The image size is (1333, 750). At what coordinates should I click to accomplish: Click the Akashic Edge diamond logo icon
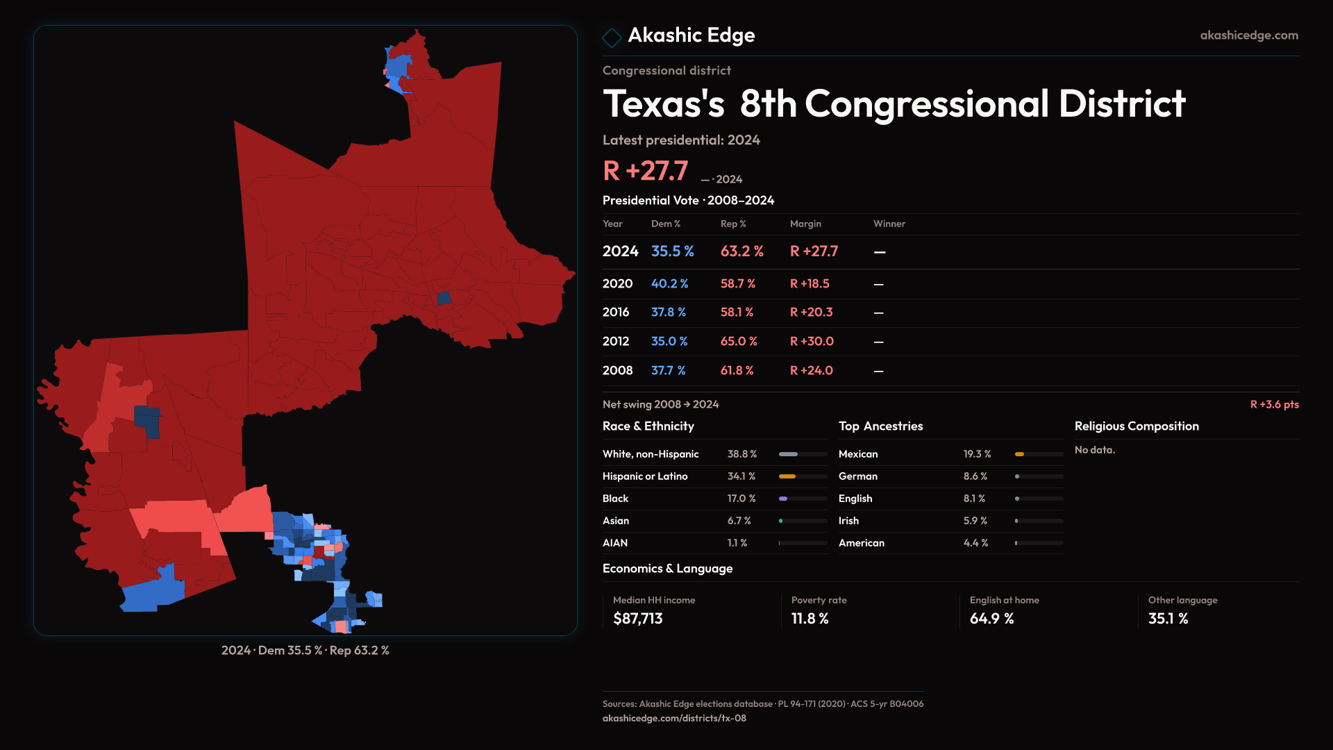612,37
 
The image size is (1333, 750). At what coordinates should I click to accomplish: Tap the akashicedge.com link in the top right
1249,35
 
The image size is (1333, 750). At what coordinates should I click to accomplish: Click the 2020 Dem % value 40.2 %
669,284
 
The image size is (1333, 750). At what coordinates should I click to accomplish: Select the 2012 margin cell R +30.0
812,342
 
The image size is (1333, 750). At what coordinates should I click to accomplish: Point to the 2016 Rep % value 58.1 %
737,312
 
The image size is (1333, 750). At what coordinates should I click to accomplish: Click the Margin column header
805,224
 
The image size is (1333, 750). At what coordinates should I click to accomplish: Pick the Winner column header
889,224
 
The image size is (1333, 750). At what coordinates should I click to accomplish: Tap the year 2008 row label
617,371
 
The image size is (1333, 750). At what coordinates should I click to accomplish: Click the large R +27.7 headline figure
646,171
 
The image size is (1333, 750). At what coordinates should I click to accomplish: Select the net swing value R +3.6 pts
1274,404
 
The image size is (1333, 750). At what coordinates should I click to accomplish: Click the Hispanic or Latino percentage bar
803,476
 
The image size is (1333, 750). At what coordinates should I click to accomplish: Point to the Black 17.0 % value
741,499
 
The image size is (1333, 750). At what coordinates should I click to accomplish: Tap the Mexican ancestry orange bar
1019,454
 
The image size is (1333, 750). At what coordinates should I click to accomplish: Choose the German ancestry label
857,476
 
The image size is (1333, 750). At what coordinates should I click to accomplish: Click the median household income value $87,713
638,619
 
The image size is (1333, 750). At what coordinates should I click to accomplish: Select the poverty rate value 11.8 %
810,619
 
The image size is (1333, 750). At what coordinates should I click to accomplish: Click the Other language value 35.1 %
1168,619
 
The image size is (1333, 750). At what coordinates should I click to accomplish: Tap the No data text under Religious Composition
1095,450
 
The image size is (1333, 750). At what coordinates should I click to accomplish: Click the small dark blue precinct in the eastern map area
444,299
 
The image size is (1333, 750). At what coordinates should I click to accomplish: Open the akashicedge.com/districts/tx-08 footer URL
674,718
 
